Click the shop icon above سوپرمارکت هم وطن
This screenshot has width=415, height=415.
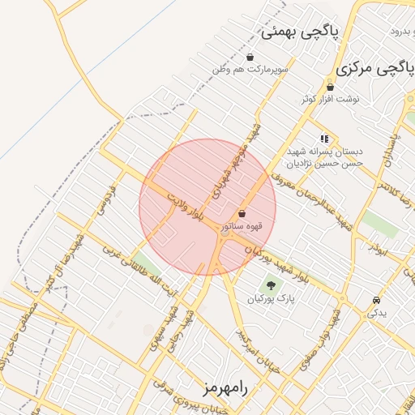point(250,57)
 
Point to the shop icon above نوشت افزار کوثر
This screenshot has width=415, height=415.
point(330,87)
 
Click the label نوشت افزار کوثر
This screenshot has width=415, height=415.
point(330,99)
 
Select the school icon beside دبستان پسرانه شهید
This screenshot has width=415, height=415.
point(325,139)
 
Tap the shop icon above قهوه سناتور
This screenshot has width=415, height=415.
point(242,213)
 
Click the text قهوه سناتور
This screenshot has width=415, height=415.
point(242,225)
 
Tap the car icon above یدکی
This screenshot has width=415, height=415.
point(377,300)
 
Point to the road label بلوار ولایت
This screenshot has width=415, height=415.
point(188,207)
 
